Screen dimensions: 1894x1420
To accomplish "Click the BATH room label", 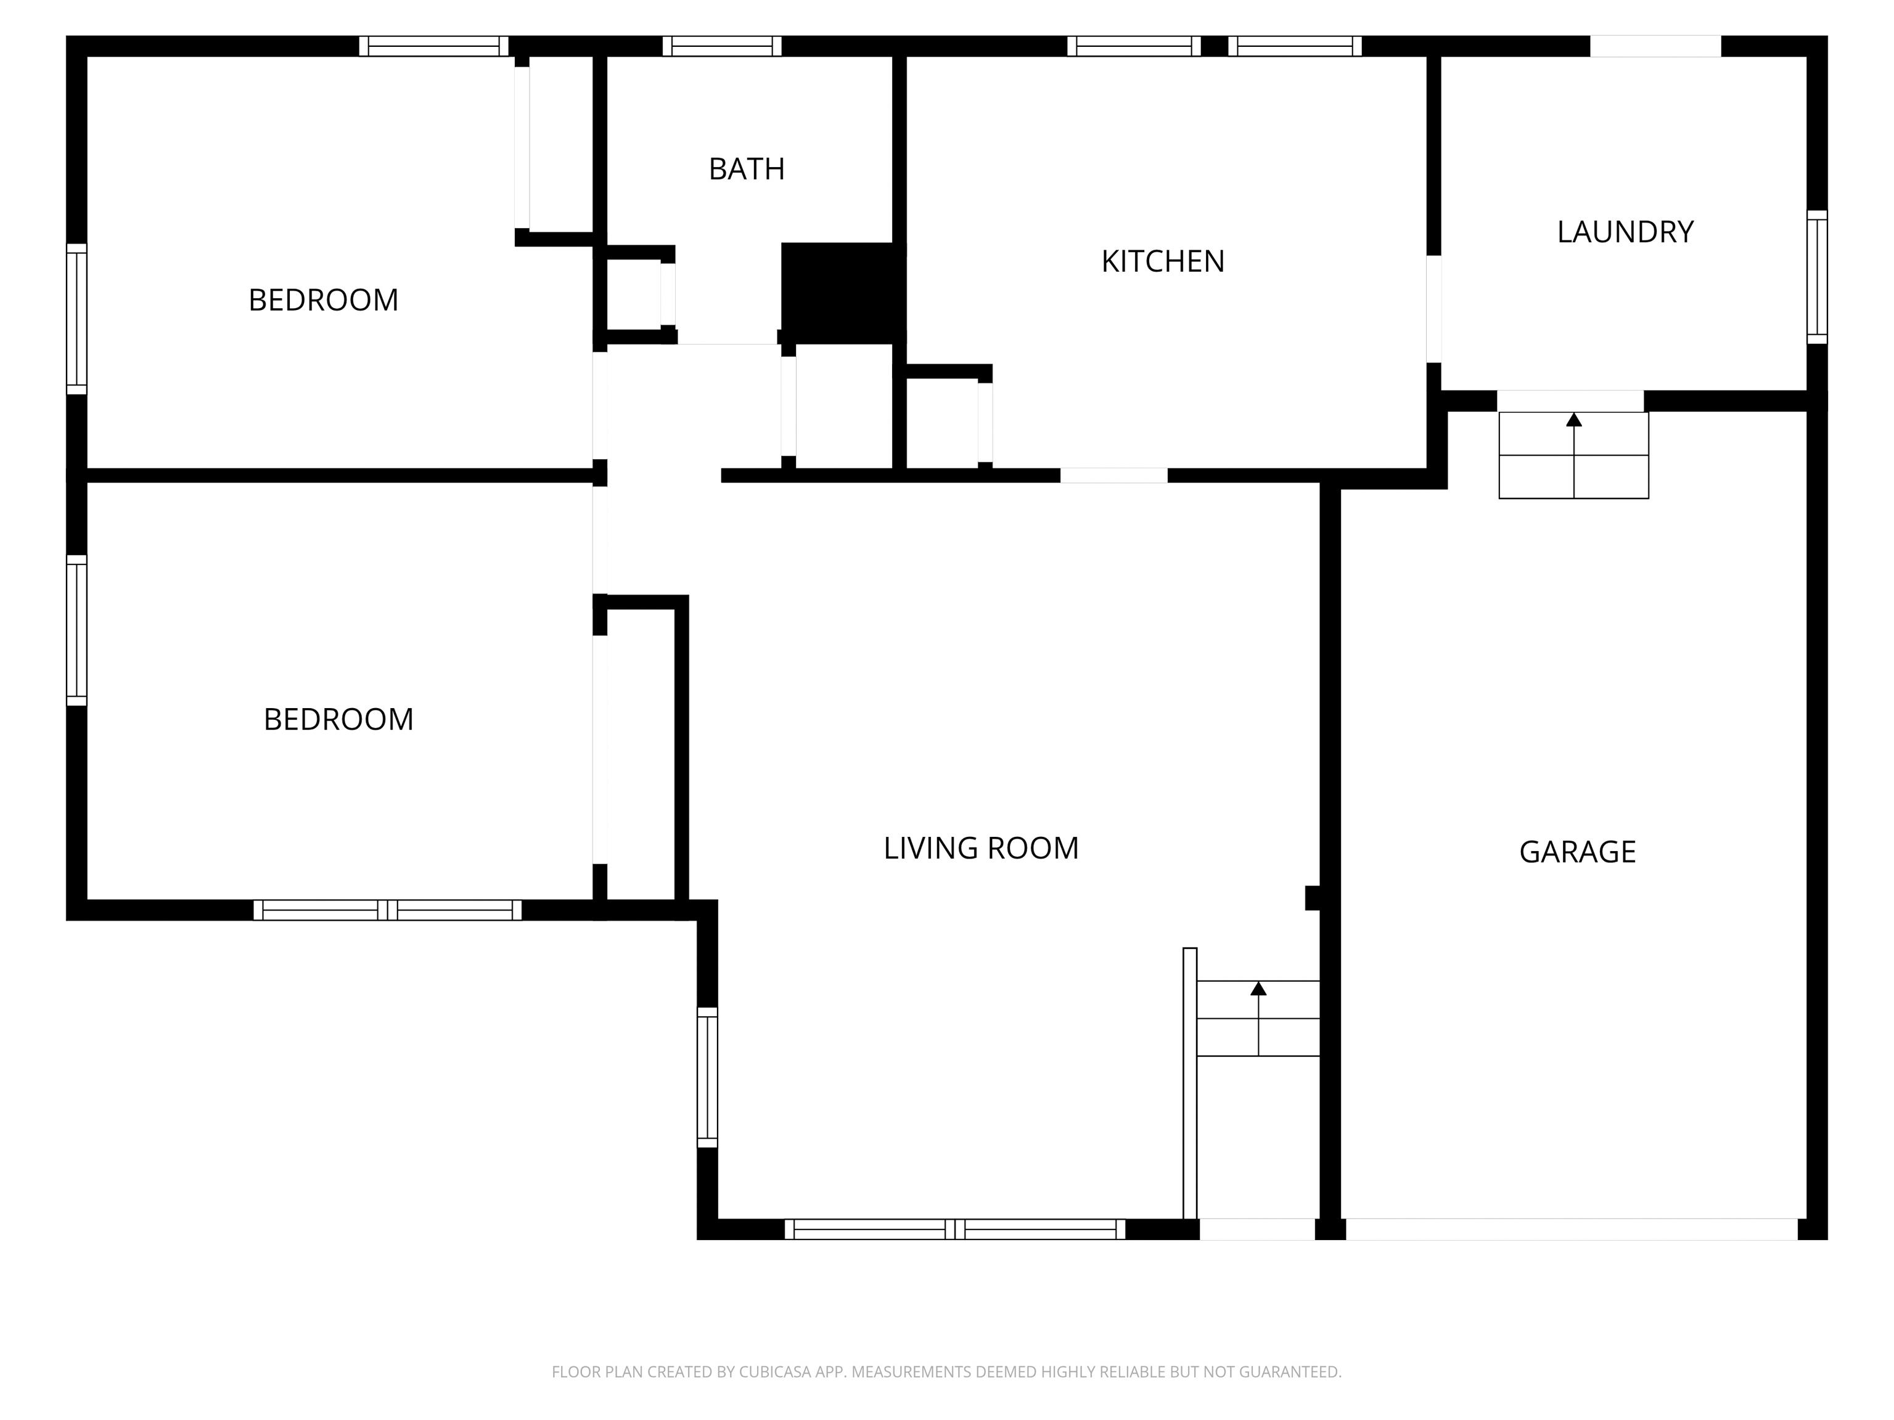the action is click(747, 169).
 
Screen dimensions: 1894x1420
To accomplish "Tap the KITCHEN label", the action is click(1163, 262).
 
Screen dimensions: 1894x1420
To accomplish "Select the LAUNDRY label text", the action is click(1625, 232).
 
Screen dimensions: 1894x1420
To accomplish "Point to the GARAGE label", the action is click(1577, 852).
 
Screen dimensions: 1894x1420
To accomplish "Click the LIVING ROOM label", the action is click(982, 848).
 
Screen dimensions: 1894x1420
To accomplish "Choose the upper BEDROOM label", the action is click(324, 300).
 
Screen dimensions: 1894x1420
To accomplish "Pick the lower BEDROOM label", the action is click(338, 720).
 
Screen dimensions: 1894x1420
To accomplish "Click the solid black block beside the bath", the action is click(843, 293).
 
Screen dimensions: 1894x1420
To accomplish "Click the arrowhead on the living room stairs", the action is click(1258, 989).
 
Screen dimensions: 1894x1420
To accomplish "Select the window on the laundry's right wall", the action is click(1817, 277).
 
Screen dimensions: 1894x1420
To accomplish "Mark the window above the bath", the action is click(722, 46).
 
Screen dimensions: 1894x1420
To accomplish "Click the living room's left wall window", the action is click(707, 1077).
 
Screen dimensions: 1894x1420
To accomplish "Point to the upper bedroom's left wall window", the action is click(77, 319).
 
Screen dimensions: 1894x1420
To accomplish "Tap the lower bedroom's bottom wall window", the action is click(387, 910).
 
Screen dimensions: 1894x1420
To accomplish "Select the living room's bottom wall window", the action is click(954, 1229).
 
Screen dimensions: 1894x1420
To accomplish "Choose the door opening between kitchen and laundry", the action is click(1433, 309).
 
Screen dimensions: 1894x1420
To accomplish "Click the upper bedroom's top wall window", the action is click(433, 46).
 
